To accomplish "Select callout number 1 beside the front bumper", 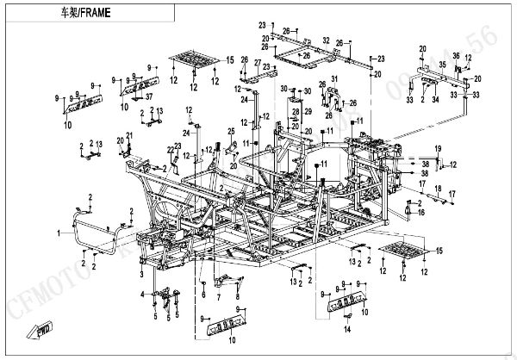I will tap(59, 233).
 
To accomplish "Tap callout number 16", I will tap(421, 211).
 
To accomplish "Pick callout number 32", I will tap(326, 40).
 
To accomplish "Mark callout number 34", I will tap(435, 100).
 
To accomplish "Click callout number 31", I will tap(336, 81).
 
